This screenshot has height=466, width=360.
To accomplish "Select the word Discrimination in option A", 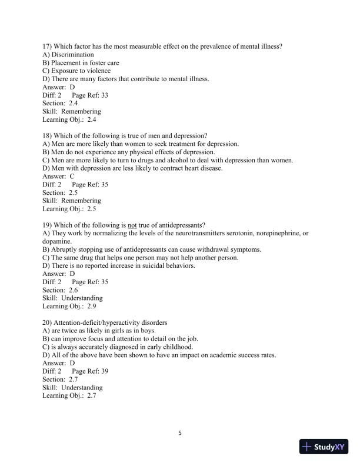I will [x=74, y=55].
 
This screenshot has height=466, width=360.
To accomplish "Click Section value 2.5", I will [x=73, y=192].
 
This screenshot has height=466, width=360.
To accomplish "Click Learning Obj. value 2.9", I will [x=91, y=306].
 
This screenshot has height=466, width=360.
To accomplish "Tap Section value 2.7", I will [x=73, y=380].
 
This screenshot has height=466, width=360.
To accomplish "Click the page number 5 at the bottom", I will [x=180, y=434].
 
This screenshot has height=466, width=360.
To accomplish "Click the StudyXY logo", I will [x=323, y=447].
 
